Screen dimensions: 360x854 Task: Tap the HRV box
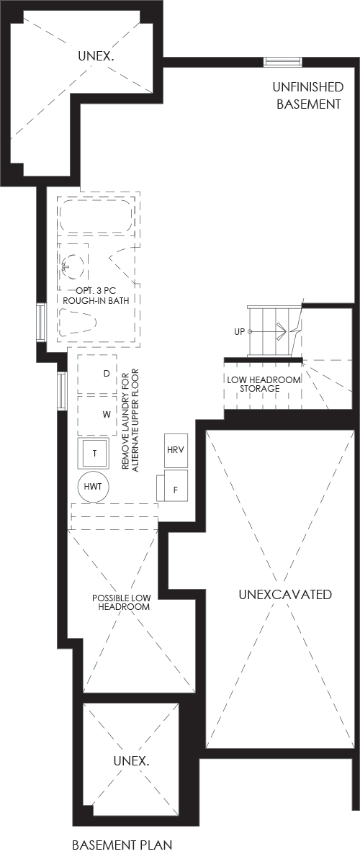coord(176,451)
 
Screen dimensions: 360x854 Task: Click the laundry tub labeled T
coord(94,452)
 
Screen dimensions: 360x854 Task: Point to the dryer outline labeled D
coord(97,374)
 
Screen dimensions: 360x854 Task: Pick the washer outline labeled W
coord(97,415)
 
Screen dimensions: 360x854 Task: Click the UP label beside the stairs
coord(240,331)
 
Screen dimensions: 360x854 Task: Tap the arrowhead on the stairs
coord(281,331)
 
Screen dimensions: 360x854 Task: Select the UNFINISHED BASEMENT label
coord(309,95)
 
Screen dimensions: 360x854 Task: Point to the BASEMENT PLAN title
coord(122,845)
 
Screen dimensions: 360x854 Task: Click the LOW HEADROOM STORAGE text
coord(263,384)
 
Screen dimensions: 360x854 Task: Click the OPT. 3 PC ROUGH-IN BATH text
coord(99,295)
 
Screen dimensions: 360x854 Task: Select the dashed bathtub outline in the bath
coord(96,217)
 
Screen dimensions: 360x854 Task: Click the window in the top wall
coord(283,62)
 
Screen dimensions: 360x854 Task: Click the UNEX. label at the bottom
coord(131,761)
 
